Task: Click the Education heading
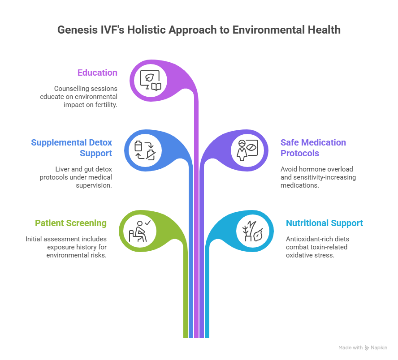point(97,73)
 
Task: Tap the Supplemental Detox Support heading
point(72,148)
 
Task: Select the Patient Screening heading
point(71,223)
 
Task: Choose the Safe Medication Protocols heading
point(313,148)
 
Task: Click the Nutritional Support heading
point(324,223)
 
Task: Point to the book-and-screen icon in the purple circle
point(150,81)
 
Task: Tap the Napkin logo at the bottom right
point(376,347)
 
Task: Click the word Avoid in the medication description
point(289,169)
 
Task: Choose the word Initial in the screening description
point(35,239)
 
